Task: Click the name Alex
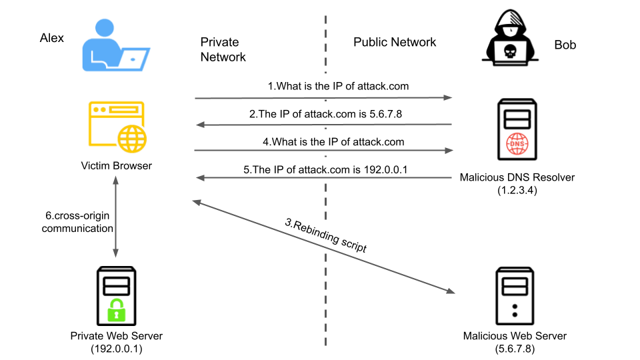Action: coord(52,38)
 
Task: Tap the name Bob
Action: coord(565,45)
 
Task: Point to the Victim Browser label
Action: coord(116,165)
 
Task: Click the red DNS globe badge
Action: coord(517,145)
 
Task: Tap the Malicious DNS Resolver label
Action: coord(517,177)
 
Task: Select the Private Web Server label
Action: coord(116,335)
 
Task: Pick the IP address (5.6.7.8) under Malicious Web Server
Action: coord(517,349)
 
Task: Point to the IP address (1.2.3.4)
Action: coord(517,190)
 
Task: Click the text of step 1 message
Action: coord(338,86)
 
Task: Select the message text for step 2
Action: coord(325,114)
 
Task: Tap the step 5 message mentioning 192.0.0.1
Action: coord(325,170)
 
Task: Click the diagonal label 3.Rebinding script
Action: coord(326,235)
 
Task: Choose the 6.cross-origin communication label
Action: coord(77,223)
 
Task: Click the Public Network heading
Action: coord(395,42)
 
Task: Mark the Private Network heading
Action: coord(223,50)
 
